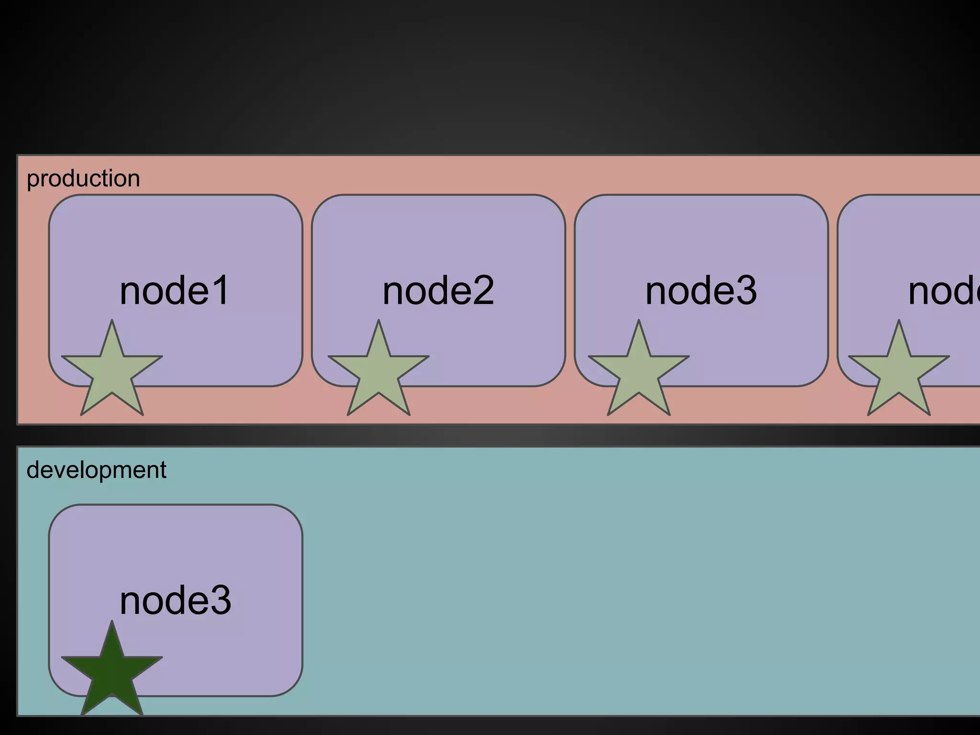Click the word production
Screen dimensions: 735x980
coord(83,179)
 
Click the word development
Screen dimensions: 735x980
coord(96,470)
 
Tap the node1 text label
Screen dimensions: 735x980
coord(175,290)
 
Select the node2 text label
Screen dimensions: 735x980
coord(438,290)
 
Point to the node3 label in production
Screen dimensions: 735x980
coord(701,290)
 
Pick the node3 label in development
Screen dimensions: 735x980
coord(175,601)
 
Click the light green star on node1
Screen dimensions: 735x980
coord(112,373)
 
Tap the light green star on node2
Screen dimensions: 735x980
coord(379,373)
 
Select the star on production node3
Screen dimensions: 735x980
coord(639,373)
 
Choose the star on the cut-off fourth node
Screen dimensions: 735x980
coord(899,373)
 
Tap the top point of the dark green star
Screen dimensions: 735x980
coord(112,625)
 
